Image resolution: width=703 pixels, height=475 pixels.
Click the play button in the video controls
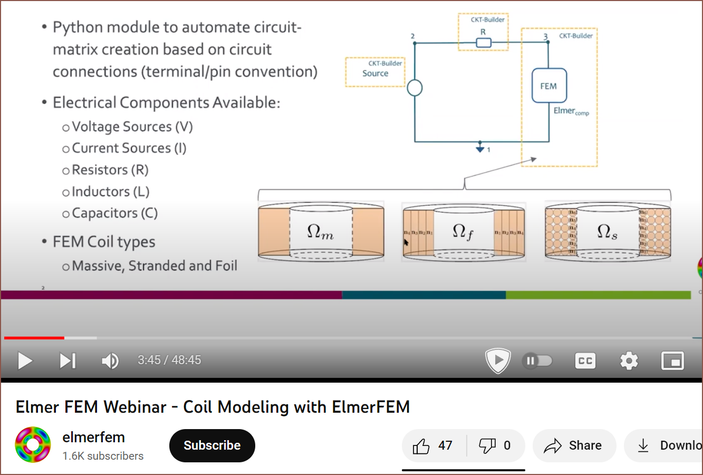click(25, 361)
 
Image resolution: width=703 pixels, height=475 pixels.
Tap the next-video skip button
click(68, 361)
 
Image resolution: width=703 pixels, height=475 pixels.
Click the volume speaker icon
click(110, 361)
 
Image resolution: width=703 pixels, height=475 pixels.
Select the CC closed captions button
click(585, 361)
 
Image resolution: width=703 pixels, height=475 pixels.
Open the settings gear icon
click(629, 361)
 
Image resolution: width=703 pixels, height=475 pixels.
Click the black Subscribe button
click(212, 445)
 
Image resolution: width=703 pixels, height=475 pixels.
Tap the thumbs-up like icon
click(421, 446)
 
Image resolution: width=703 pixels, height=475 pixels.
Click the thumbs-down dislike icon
click(487, 446)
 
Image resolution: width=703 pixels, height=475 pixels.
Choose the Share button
click(574, 446)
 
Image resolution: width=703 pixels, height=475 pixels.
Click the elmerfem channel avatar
click(33, 445)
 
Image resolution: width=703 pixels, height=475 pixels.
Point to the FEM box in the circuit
click(549, 85)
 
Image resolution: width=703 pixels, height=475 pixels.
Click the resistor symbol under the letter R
click(484, 43)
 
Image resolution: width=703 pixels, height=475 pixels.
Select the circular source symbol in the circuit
click(415, 88)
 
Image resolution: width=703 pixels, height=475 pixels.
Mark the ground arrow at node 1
click(480, 148)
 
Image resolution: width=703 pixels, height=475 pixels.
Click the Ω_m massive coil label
click(320, 232)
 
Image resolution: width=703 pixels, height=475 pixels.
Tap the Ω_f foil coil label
click(463, 232)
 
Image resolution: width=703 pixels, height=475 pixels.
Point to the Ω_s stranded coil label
click(607, 232)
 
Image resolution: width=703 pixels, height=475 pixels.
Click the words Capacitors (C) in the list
click(114, 213)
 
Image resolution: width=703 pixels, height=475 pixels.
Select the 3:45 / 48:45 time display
click(169, 360)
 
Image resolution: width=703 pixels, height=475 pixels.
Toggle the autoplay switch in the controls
click(537, 361)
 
